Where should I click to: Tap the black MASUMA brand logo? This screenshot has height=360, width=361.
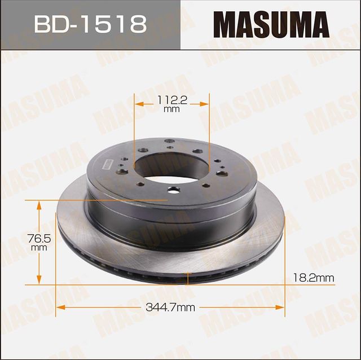(270, 25)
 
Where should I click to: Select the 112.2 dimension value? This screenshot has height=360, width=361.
(171, 101)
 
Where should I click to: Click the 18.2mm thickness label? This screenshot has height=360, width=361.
(314, 277)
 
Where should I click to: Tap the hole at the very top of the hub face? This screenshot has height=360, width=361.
(167, 142)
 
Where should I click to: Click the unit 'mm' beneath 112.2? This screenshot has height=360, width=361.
(171, 109)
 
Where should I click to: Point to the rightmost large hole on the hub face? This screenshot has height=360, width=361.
(222, 173)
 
